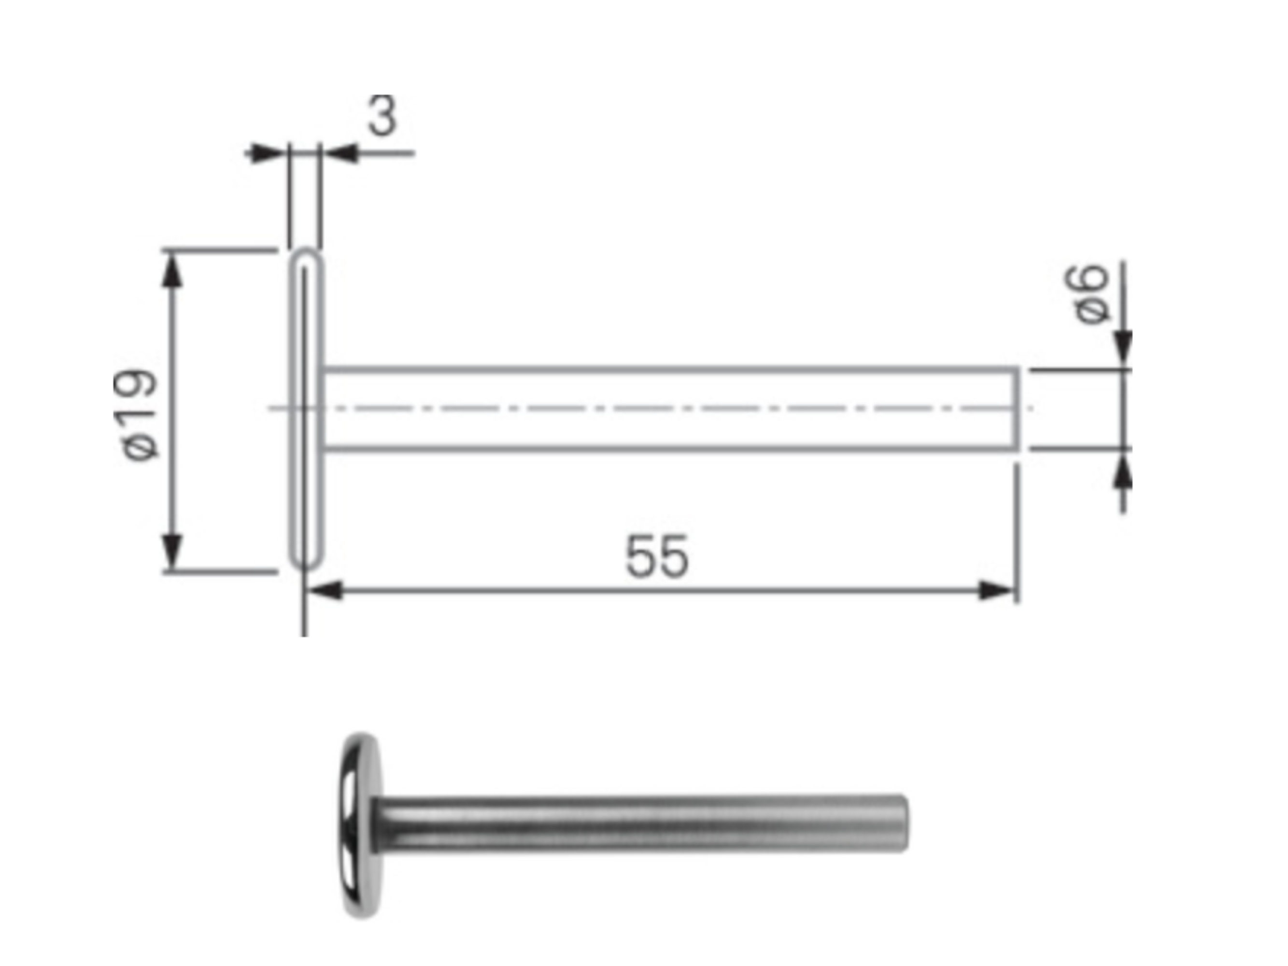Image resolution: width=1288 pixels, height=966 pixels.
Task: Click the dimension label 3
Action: click(x=382, y=116)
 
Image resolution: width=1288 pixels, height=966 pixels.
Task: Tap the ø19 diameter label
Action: click(x=135, y=414)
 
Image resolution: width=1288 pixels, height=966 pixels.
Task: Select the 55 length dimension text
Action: click(x=656, y=557)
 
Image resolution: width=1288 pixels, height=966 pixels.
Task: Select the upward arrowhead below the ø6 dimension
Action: click(x=1123, y=473)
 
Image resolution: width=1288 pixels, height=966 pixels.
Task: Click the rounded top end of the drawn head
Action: click(x=306, y=256)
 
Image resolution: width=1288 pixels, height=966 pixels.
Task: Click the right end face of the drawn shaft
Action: click(x=1017, y=409)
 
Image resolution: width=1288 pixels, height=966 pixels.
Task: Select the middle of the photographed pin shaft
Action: click(x=640, y=824)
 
